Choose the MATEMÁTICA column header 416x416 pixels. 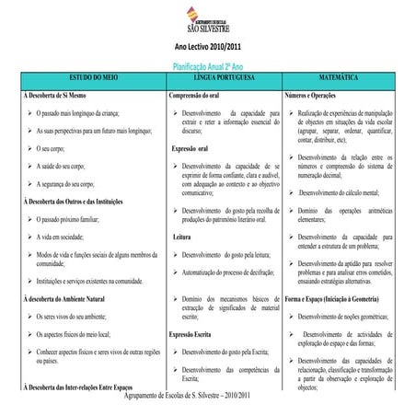pos(348,80)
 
